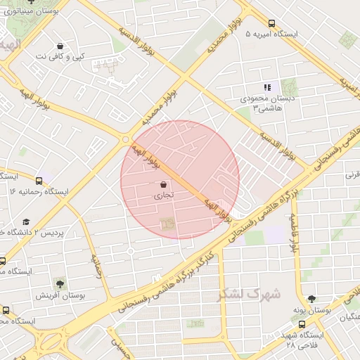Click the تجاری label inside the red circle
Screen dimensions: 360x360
[x=162, y=198]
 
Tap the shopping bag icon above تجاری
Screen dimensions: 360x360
[x=164, y=185]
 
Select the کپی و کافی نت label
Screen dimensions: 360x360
[x=60, y=56]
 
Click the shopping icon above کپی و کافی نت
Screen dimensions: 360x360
[x=60, y=45]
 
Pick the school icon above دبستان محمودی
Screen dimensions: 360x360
[x=266, y=87]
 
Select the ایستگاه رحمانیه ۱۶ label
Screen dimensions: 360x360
[x=39, y=191]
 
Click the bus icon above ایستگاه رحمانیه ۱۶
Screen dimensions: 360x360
[x=39, y=179]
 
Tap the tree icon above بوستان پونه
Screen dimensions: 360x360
[x=311, y=299]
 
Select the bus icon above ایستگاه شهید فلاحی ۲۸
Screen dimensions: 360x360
[x=302, y=324]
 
